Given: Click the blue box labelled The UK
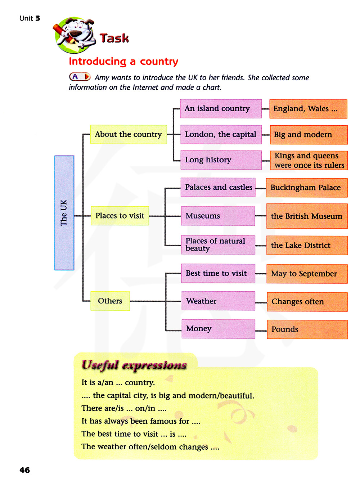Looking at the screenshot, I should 64,213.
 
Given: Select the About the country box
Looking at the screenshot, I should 129,134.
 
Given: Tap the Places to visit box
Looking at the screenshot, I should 120,216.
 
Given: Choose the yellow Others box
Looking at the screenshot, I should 110,301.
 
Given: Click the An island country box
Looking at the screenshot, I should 221,109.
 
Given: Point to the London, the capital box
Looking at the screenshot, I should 221,135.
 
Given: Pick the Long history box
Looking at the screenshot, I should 221,160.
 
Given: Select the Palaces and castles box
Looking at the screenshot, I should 218,187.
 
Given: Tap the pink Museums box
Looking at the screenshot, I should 218,216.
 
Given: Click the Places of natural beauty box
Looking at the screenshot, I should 218,245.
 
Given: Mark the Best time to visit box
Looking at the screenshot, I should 218,273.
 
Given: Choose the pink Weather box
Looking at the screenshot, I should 218,301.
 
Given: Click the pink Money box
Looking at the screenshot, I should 218,329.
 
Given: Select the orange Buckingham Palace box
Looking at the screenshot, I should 307,188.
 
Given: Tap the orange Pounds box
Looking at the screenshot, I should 307,329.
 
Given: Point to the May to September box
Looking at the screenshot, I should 307,274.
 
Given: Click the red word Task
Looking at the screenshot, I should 114,38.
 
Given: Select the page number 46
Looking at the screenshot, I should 25,470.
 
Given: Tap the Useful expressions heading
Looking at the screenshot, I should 134,365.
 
